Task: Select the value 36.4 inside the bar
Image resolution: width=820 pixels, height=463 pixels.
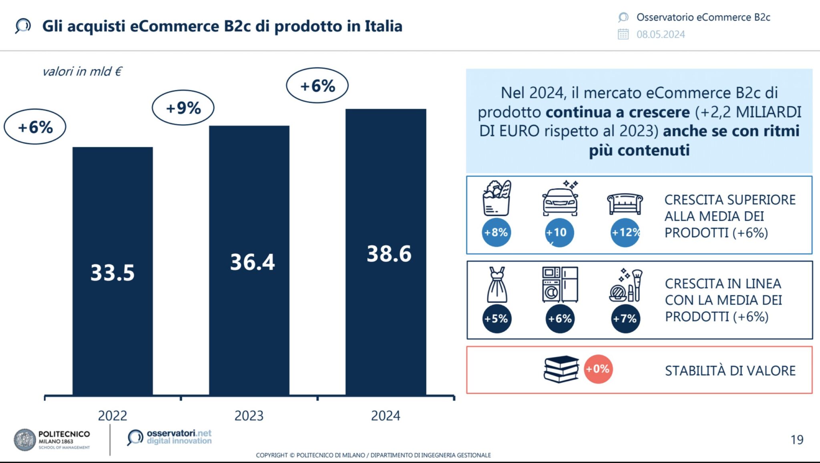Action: [252, 262]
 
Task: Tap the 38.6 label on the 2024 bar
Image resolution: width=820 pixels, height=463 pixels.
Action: [389, 254]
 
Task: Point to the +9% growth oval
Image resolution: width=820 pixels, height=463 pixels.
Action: [183, 108]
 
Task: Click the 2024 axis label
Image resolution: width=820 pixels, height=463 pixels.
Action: [385, 416]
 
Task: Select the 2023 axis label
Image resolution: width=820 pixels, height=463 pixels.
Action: [249, 416]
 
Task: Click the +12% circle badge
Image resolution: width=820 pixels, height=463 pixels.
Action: [625, 233]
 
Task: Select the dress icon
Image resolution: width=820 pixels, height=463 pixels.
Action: [497, 285]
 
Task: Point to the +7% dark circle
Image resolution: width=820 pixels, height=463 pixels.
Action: [625, 319]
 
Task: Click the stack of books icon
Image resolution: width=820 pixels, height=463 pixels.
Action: [561, 369]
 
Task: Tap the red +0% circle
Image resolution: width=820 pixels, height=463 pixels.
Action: [598, 369]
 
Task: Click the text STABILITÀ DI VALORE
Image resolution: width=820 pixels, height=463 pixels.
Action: [730, 371]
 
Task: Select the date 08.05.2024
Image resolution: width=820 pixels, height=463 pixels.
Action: [661, 34]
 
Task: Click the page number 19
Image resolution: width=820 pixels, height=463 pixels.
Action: [797, 440]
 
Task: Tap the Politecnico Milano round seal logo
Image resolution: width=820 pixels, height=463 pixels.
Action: [25, 440]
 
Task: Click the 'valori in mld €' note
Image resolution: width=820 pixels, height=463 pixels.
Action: [82, 72]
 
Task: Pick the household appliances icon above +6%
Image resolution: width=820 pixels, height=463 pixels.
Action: [560, 285]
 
